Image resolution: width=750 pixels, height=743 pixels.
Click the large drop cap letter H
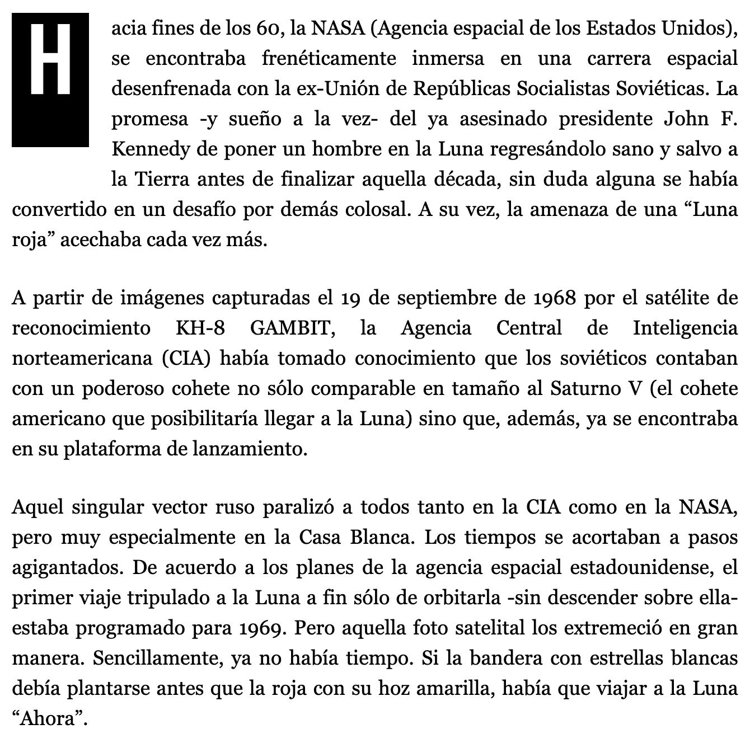tap(50, 79)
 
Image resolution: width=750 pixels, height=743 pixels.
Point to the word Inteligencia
tap(686, 328)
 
